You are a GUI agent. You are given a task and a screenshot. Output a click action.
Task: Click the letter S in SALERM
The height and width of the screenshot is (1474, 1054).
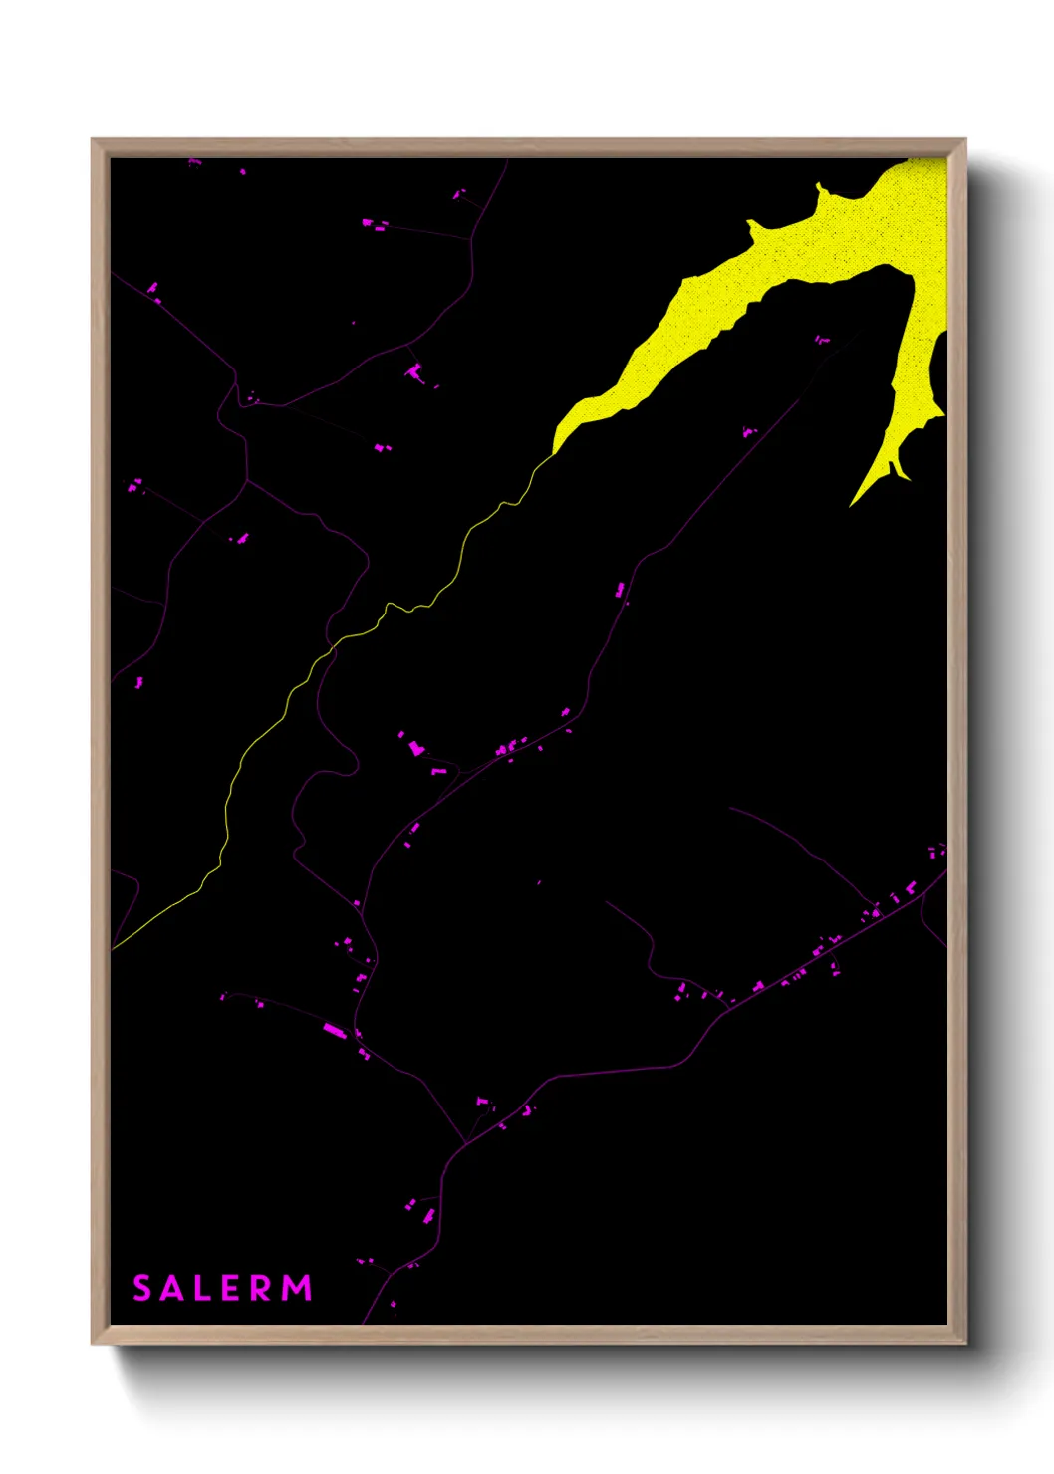coord(142,1288)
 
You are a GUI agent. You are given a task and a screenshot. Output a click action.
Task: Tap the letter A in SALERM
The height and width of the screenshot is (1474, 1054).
coord(174,1288)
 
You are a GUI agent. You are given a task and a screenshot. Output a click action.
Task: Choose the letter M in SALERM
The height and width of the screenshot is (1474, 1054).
coord(297,1288)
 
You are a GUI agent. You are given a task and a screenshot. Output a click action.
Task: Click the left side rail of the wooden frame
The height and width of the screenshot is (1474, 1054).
coord(100,737)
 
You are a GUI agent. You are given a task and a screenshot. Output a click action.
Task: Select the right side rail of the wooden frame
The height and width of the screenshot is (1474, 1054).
coord(956,737)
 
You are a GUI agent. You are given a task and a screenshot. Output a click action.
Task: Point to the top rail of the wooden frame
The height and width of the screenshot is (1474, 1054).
coord(528,147)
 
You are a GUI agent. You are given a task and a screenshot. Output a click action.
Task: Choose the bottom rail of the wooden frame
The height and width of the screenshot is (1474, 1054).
coord(528,1335)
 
